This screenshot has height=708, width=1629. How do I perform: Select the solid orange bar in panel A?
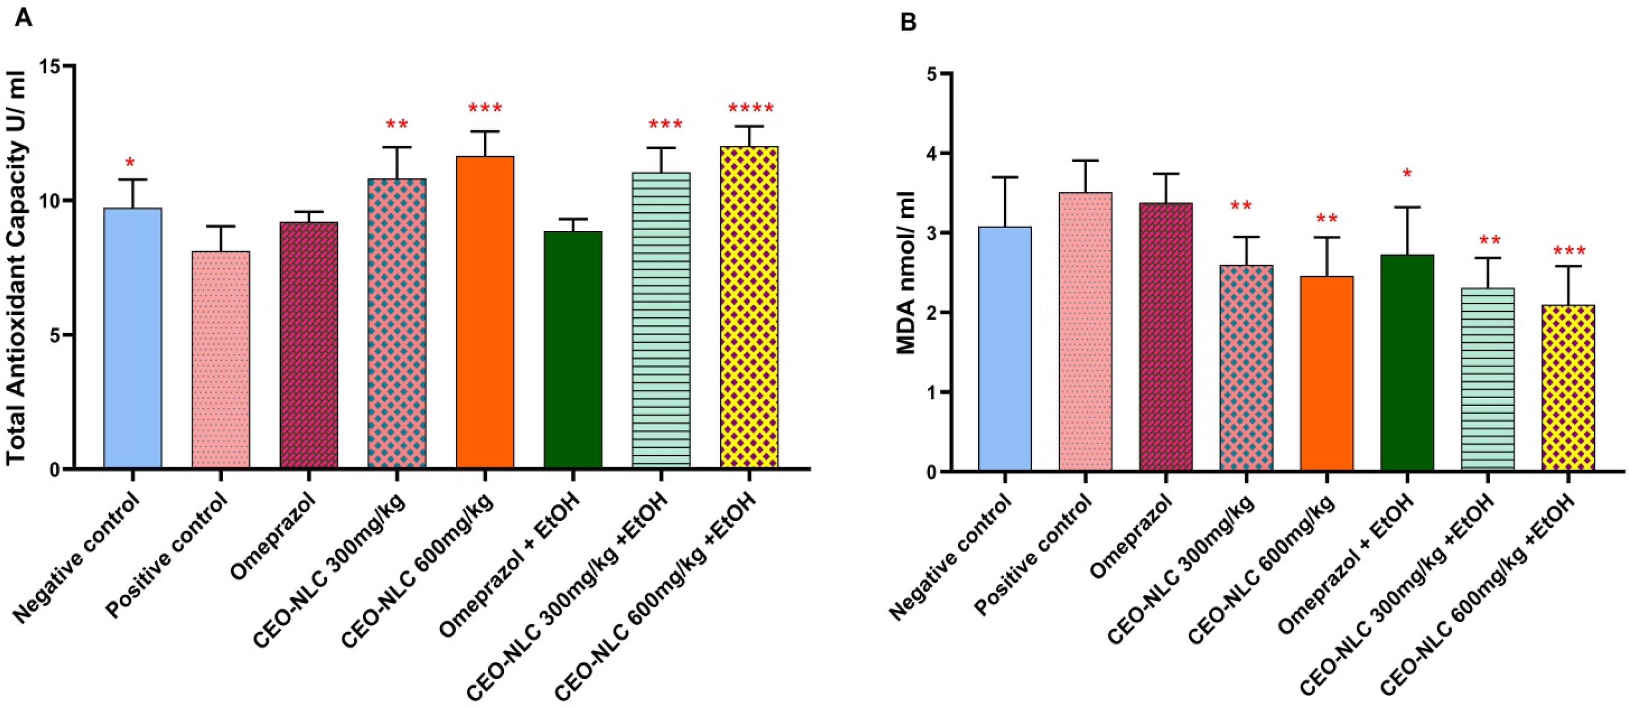[x=485, y=313]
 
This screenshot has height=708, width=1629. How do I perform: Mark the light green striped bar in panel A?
[x=661, y=320]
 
